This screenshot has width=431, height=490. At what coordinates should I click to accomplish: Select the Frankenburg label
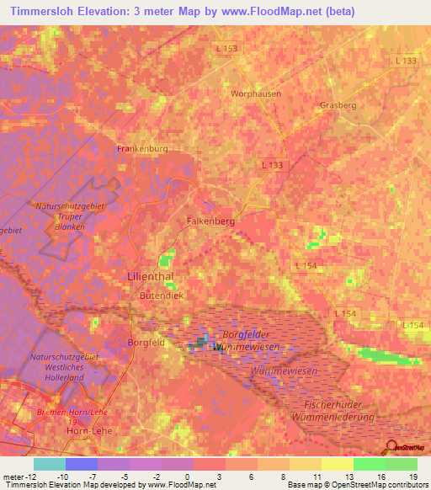click(x=141, y=148)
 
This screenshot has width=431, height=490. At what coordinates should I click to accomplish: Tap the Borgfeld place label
click(x=145, y=343)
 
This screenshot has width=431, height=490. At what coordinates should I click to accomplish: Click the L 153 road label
click(x=226, y=48)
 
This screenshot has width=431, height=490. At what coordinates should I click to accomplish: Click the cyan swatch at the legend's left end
click(x=49, y=464)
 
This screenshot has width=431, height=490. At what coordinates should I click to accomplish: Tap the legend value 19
click(x=412, y=477)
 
